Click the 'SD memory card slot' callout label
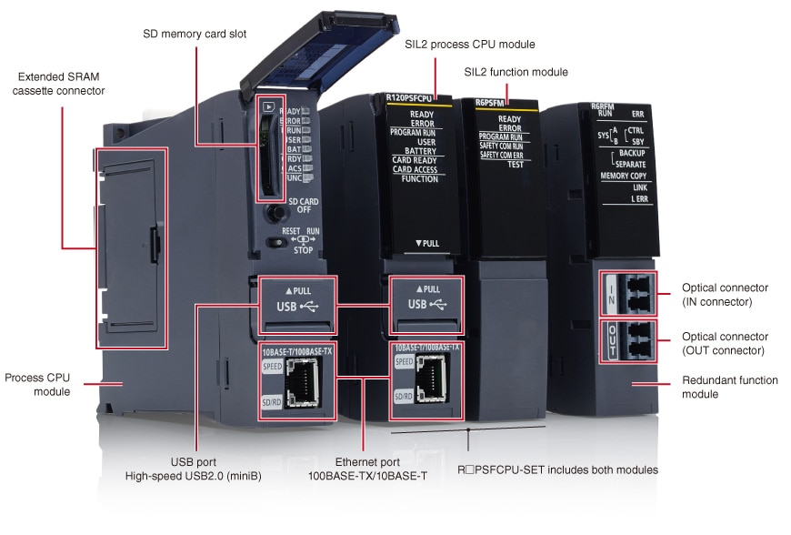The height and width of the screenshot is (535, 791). click(195, 35)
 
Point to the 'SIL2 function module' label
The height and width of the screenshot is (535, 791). click(516, 72)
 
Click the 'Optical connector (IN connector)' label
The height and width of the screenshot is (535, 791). click(725, 294)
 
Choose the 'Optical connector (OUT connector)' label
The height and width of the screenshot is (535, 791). click(725, 343)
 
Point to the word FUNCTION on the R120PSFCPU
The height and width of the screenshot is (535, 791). click(420, 178)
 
